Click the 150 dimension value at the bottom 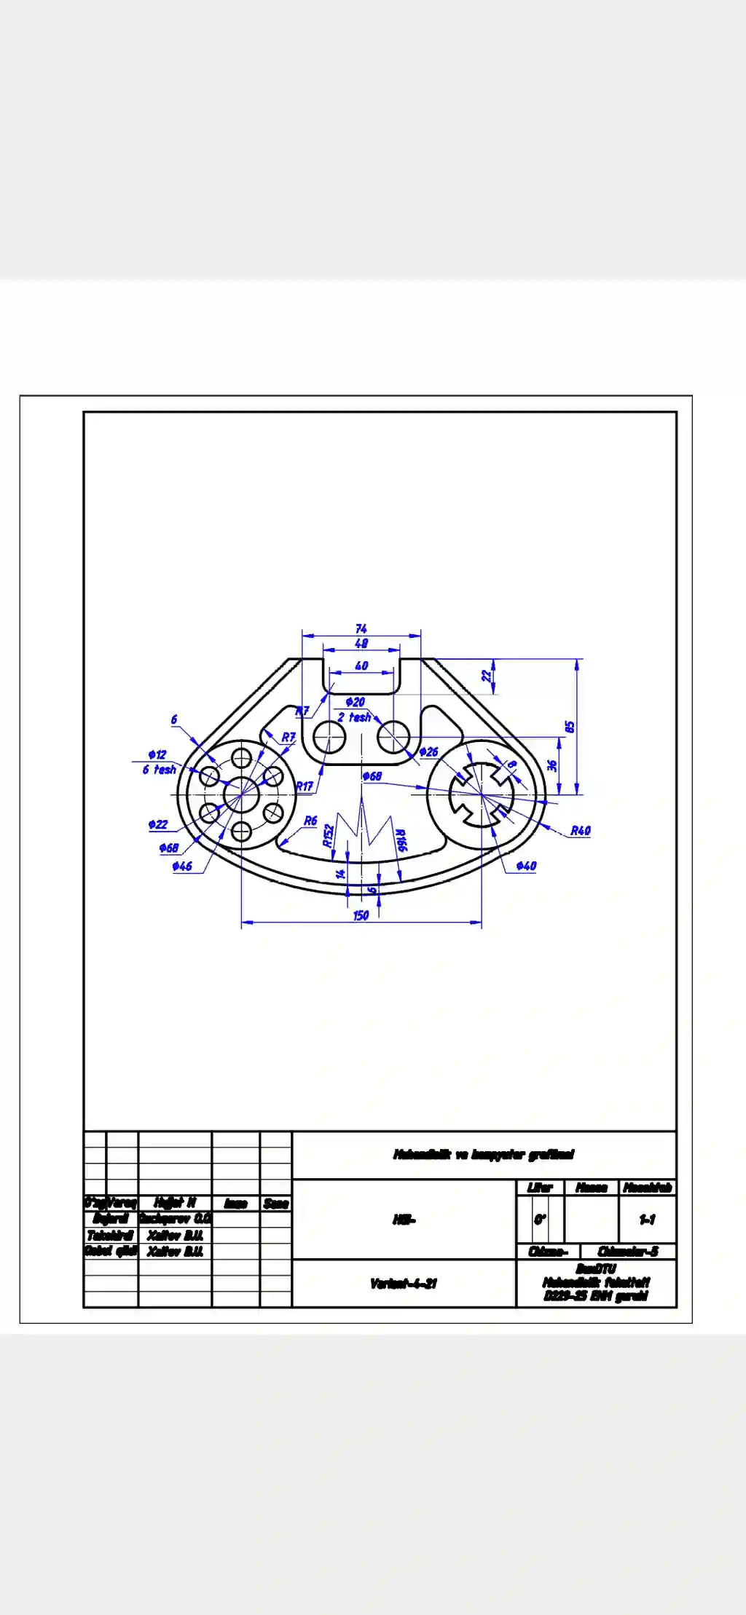coord(361,915)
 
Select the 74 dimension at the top coord(361,628)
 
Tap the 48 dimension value coord(361,643)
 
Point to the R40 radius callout coord(580,830)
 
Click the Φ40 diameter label coord(526,866)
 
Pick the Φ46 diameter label coord(182,866)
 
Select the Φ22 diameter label coord(158,824)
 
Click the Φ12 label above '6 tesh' coord(157,754)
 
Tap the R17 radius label coord(304,786)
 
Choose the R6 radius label coord(310,821)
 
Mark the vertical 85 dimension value coord(570,727)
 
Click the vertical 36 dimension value coord(552,765)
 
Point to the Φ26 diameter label coord(429,751)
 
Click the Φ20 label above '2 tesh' coord(355,702)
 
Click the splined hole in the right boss coord(482,794)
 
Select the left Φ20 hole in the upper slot coord(329,737)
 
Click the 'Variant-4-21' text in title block coord(403,1283)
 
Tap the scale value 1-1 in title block coord(647,1219)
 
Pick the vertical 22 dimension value coord(486,675)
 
